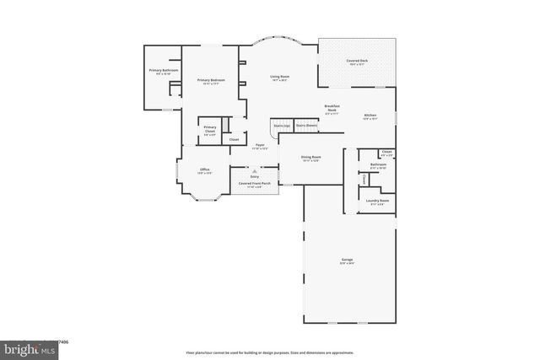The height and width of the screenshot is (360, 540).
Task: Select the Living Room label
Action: pos(279,78)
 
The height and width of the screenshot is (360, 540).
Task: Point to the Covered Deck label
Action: pos(357,62)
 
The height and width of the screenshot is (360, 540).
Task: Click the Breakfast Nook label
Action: pos(332,109)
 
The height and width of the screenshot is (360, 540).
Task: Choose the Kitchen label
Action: pos(370,116)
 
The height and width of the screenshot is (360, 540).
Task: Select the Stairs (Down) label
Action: pos(306,125)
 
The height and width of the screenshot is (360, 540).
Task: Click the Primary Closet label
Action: pos(210,129)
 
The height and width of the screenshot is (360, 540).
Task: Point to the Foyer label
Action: pos(260,146)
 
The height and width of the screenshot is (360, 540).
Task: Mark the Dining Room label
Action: pos(311,158)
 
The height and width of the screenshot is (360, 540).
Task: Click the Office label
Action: pos(204,170)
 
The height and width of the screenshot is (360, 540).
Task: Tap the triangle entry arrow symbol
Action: pos(255,170)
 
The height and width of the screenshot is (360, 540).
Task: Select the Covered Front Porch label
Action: pos(255,183)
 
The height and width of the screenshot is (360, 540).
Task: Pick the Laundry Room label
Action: pos(377,201)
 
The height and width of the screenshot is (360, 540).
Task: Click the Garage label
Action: pos(347,261)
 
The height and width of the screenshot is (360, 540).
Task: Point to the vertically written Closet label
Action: pos(364,179)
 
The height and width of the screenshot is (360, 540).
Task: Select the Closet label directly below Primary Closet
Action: pos(234,140)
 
